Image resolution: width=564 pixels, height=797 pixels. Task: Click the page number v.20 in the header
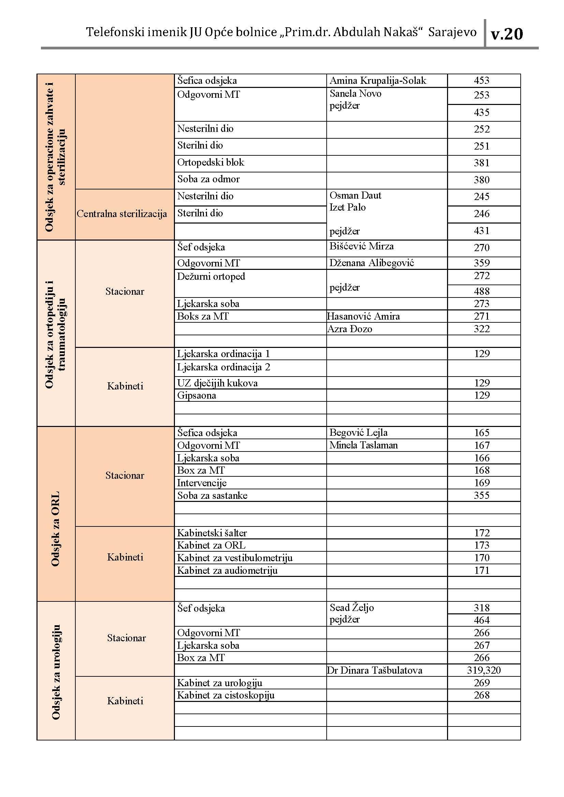[506, 34]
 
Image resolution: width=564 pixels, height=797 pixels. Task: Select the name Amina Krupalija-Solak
[377, 80]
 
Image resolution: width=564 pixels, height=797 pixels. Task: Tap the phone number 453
[481, 80]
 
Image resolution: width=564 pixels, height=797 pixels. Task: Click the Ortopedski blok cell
[210, 163]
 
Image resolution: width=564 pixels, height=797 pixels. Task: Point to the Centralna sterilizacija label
[122, 214]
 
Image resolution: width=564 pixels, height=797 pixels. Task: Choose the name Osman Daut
[355, 196]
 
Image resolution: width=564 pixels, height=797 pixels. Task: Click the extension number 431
[481, 231]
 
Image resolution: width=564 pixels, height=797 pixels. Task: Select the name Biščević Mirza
[361, 246]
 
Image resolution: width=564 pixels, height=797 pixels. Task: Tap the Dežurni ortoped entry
[211, 277]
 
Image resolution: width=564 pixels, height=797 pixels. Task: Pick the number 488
[481, 291]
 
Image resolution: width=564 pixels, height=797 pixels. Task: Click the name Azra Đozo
[350, 329]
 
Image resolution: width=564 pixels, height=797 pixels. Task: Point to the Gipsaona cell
[196, 395]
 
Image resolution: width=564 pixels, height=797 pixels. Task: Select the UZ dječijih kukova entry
[218, 383]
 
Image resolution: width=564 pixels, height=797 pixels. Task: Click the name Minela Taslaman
[363, 445]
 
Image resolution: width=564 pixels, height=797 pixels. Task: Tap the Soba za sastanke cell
[212, 495]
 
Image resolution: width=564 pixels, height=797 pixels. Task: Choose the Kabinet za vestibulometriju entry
[235, 558]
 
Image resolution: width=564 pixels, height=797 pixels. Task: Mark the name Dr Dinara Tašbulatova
[375, 670]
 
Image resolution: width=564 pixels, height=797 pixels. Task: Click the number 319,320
[484, 670]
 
